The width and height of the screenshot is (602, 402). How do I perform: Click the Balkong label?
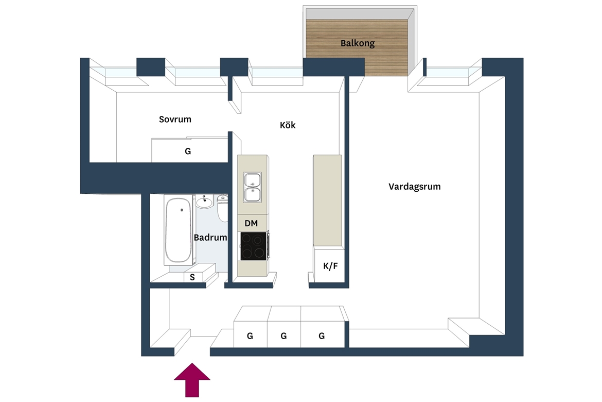pyautogui.click(x=358, y=43)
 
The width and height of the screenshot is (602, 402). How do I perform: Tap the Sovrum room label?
pyautogui.click(x=175, y=119)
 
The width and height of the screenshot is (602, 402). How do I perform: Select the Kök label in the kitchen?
pyautogui.click(x=288, y=125)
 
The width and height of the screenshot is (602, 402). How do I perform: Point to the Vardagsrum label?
pyautogui.click(x=414, y=187)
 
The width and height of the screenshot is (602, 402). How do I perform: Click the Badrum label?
pyautogui.click(x=210, y=238)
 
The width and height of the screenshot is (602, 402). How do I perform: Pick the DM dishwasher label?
pyautogui.click(x=251, y=223)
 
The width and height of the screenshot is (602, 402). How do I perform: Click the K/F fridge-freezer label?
pyautogui.click(x=330, y=266)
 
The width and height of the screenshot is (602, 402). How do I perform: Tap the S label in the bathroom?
pyautogui.click(x=192, y=277)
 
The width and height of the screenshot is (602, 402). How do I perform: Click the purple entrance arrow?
pyautogui.click(x=192, y=380)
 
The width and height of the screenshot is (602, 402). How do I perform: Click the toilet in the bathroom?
pyautogui.click(x=222, y=208)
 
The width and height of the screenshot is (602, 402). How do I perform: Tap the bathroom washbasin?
pyautogui.click(x=204, y=201)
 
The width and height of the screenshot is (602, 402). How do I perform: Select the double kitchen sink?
pyautogui.click(x=252, y=188)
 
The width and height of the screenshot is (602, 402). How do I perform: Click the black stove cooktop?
pyautogui.click(x=253, y=246)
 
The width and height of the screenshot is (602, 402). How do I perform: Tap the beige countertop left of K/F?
pyautogui.click(x=327, y=200)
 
